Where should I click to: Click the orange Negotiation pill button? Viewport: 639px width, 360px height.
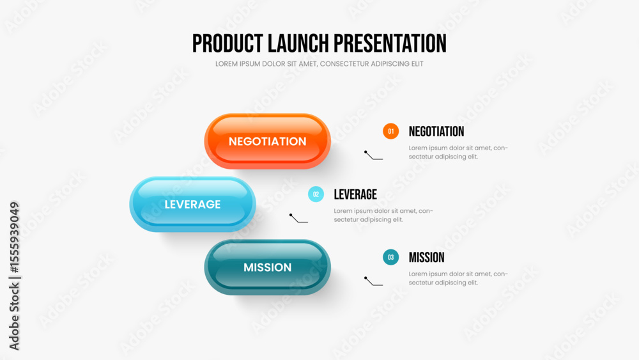click(x=267, y=141)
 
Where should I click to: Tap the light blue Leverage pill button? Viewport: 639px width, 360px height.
click(x=192, y=204)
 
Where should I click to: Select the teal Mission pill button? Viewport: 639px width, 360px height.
click(x=267, y=267)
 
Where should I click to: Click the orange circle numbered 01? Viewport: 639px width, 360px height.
click(x=390, y=131)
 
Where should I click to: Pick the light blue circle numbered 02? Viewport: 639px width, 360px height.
click(x=316, y=194)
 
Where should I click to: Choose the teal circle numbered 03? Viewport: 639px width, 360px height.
click(x=390, y=257)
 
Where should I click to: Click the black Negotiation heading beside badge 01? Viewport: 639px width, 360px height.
click(x=436, y=131)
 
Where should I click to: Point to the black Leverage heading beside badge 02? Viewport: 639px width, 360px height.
click(x=355, y=194)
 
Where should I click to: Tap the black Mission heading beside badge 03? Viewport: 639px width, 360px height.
click(x=426, y=257)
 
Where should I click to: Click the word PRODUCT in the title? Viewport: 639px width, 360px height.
click(x=227, y=43)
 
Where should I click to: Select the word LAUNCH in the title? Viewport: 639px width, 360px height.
click(x=298, y=43)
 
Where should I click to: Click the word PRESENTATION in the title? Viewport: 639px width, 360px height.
click(x=390, y=43)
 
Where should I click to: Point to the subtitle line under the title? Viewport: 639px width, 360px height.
click(x=319, y=63)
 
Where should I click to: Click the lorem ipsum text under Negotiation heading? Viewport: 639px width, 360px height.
click(x=458, y=152)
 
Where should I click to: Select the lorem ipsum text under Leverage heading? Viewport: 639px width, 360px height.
click(x=383, y=215)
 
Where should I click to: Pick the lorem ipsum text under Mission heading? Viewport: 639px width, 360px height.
click(x=458, y=278)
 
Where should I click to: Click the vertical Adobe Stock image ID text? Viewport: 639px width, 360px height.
click(x=14, y=276)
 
